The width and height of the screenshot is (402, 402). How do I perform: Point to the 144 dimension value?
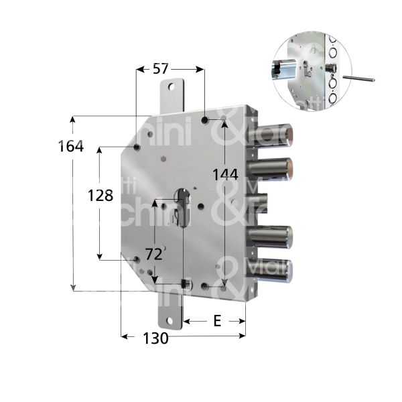coord(224,175)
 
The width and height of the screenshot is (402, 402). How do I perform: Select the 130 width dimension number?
coord(155,338)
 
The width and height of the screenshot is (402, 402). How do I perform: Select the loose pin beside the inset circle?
coord(358,78)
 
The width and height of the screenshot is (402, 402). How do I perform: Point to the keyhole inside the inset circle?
coord(306,70)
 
